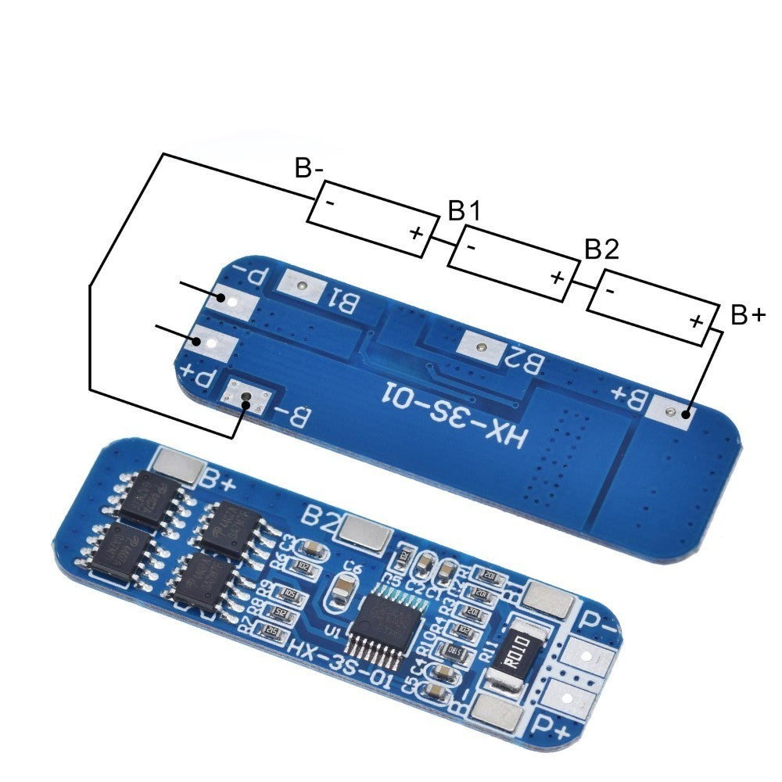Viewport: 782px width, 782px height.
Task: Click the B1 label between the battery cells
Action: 464,210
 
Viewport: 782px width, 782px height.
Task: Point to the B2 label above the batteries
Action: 601,249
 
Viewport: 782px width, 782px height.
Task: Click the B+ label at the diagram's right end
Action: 748,315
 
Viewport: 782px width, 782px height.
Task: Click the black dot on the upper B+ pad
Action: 686,414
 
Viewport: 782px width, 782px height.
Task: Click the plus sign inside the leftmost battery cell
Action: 415,231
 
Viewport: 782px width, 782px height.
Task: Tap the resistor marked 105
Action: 292,593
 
